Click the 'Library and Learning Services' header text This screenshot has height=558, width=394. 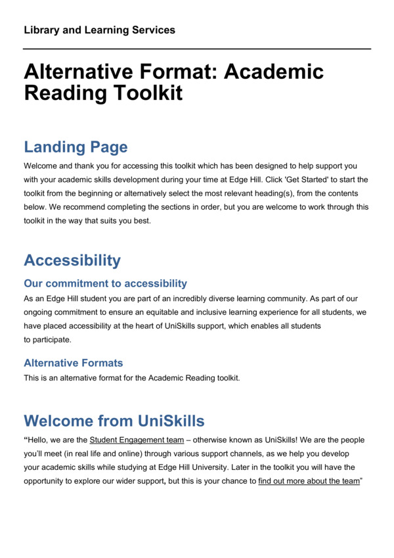(x=99, y=30)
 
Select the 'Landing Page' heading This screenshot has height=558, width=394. (x=76, y=147)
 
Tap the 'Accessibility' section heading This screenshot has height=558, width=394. (x=72, y=260)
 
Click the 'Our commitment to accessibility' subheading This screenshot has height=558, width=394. (x=105, y=283)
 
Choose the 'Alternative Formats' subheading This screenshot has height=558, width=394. (x=73, y=363)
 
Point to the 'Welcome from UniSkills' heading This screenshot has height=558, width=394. (x=114, y=420)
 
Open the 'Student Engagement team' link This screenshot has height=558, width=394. (x=137, y=440)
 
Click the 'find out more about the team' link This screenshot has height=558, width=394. (x=309, y=480)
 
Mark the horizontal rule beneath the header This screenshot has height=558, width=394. (x=197, y=49)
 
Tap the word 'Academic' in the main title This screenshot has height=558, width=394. (x=274, y=71)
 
